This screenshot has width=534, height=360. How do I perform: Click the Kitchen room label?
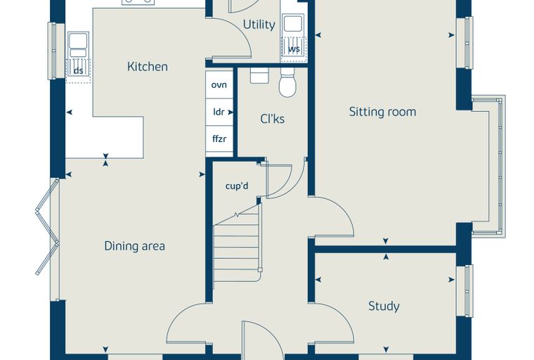tap(147, 67)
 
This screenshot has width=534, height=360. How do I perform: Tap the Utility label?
tap(259, 25)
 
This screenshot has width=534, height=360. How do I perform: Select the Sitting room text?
tap(382, 112)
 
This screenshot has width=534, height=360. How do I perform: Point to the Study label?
tap(384, 306)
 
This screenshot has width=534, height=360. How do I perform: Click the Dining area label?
tap(134, 246)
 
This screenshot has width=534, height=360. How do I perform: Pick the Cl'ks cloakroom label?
tap(272, 119)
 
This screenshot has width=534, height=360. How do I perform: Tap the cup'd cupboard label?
tap(237, 186)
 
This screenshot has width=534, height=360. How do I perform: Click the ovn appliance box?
tap(219, 85)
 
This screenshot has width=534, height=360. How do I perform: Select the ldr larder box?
tap(219, 112)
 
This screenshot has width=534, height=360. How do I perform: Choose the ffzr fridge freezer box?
tap(219, 139)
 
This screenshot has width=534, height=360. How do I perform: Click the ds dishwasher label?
tap(78, 71)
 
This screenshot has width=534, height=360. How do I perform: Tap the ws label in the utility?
tap(294, 49)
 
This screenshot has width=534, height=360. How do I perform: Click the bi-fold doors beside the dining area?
tap(48, 226)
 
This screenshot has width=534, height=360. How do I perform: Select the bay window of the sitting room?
tap(489, 166)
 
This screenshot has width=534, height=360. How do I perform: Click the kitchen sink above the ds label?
tap(78, 45)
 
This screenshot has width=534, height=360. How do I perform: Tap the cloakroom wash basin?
tap(259, 75)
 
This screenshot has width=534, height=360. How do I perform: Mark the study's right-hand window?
tap(465, 291)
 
